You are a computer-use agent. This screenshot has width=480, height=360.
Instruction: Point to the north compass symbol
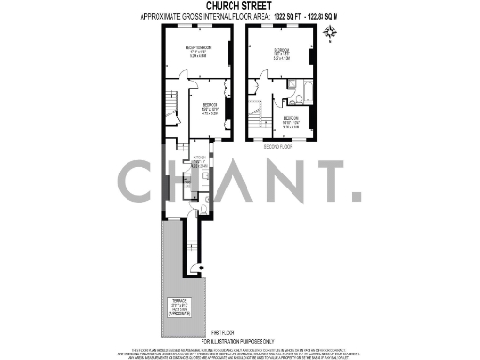tap(329, 35)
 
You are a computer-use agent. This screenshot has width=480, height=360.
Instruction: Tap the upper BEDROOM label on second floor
tap(282, 53)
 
